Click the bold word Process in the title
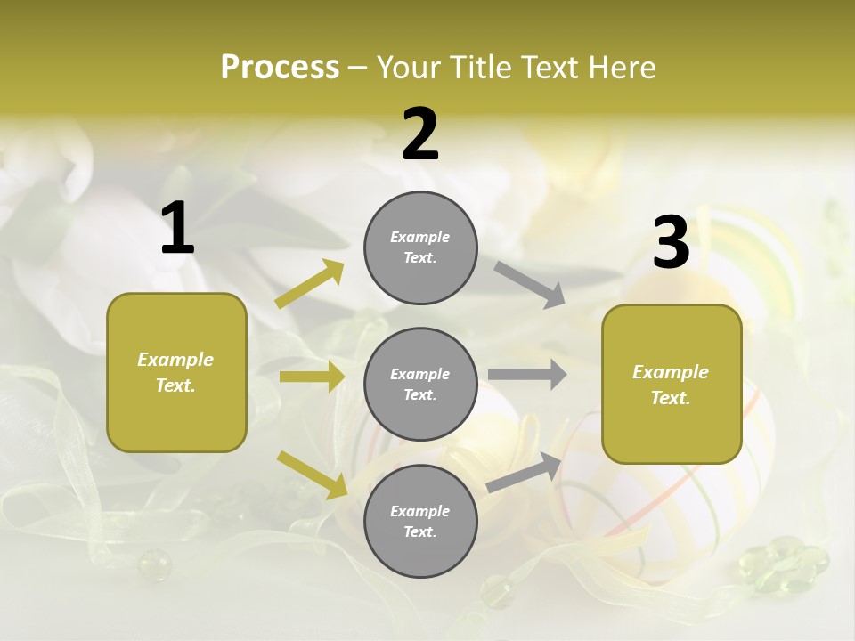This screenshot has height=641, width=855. (x=280, y=68)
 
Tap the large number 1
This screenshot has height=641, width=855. (x=177, y=229)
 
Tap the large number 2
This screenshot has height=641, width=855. (x=420, y=135)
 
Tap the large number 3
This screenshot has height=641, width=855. (x=671, y=243)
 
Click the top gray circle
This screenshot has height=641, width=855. (x=420, y=247)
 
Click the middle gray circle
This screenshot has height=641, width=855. (x=420, y=385)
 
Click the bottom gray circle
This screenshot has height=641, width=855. (x=420, y=522)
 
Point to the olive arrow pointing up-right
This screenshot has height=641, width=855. (x=310, y=284)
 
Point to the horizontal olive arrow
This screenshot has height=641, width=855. (x=312, y=377)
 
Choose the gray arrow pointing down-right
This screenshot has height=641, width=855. (x=530, y=285)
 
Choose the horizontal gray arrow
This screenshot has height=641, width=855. (x=527, y=375)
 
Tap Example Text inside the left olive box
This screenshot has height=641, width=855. (x=175, y=372)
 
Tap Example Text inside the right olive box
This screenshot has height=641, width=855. (x=671, y=385)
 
